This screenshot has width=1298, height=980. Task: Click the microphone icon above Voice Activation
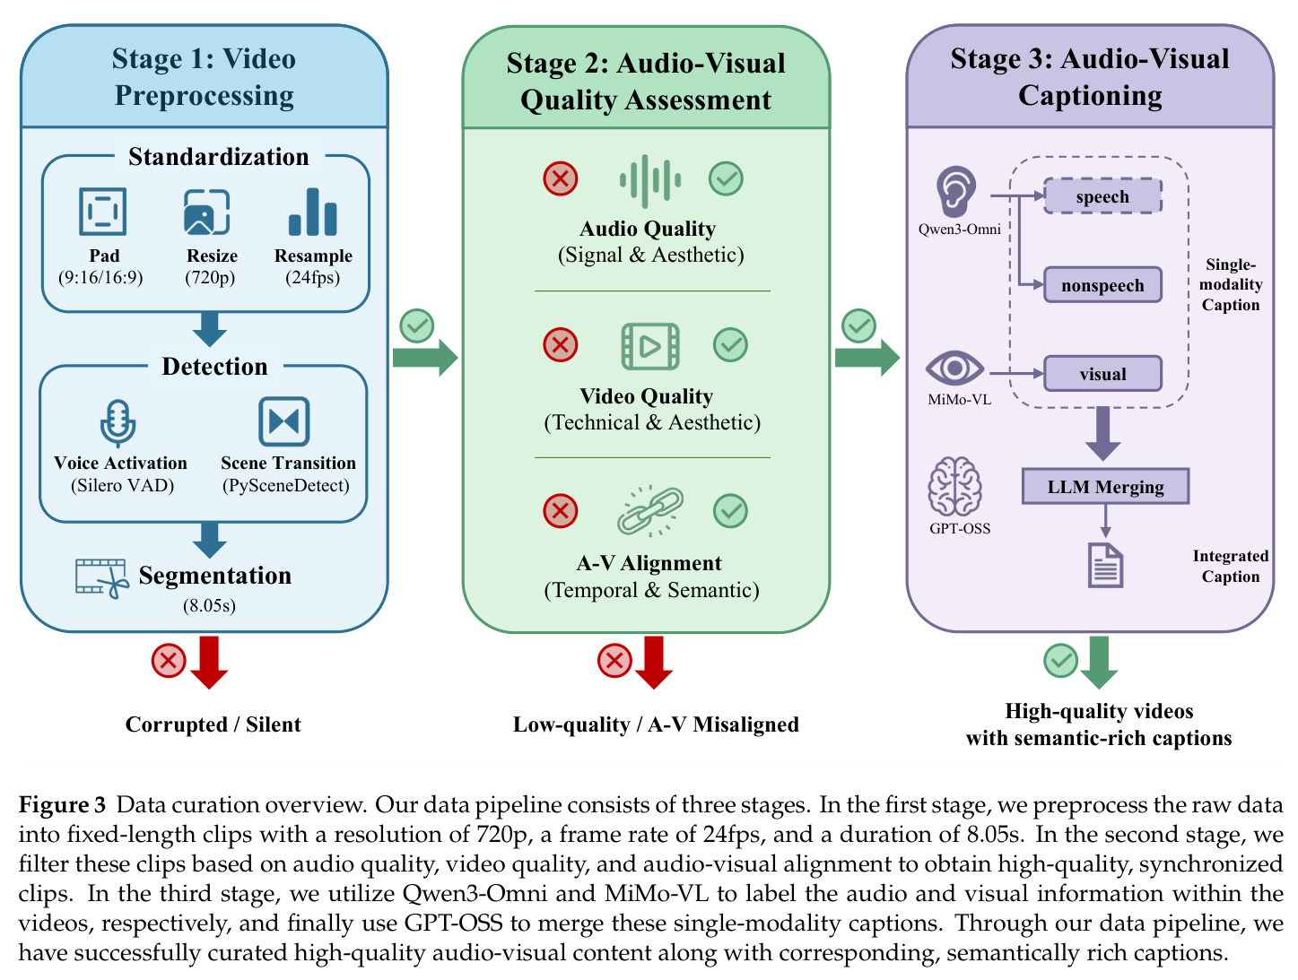pos(118,423)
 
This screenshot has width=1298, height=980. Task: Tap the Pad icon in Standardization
pos(102,211)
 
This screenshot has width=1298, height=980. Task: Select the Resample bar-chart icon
pos(313,212)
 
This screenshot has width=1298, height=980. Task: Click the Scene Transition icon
pos(283,421)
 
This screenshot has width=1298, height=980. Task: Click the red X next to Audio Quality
pos(560,178)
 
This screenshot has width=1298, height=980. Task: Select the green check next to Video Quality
pos(730,345)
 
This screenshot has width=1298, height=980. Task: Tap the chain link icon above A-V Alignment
pos(649,511)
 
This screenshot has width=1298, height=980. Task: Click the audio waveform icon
pos(649,181)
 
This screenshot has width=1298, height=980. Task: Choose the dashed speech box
pos(1102,196)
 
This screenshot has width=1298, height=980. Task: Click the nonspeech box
pos(1102,285)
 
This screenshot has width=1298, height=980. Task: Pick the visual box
pos(1102,374)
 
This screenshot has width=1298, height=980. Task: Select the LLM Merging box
pos(1105,487)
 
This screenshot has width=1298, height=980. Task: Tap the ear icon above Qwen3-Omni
pos(955,191)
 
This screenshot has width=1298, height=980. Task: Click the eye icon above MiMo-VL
pos(954,369)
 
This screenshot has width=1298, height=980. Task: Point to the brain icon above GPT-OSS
pos(954,486)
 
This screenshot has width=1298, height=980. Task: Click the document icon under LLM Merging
pos(1105,566)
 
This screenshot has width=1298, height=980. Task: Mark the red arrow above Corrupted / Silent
pos(209,662)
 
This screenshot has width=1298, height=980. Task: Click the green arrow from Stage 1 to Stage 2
pos(425,358)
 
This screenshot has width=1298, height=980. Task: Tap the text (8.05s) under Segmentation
pos(209,605)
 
